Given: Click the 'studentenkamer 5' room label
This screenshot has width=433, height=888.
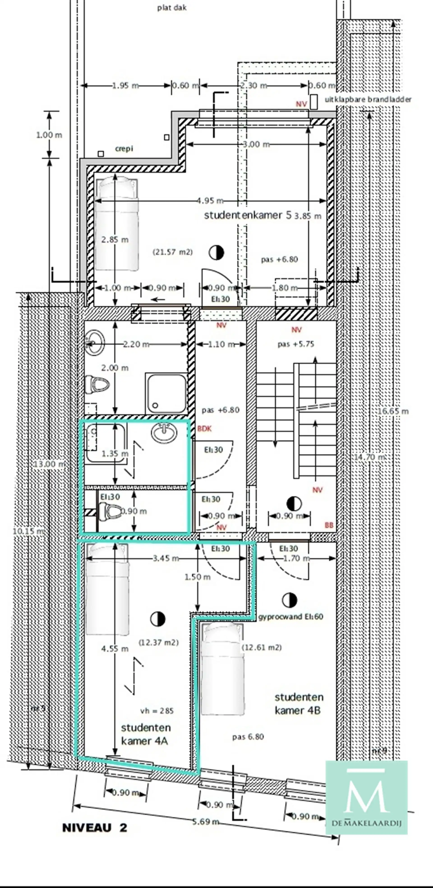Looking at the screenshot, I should [x=247, y=215].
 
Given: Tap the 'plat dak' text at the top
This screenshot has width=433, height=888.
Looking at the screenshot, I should [x=172, y=8].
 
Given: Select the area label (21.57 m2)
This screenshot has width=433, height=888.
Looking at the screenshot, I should [x=173, y=252].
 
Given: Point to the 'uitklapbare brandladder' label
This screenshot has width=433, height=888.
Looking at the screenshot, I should [x=368, y=100].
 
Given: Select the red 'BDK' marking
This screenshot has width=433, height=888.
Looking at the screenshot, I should [x=204, y=428].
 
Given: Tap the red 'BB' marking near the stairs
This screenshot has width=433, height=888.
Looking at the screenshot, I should [x=329, y=525].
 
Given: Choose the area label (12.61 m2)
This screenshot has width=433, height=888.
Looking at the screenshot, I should [x=262, y=647].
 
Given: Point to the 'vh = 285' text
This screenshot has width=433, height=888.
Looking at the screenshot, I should [x=157, y=711].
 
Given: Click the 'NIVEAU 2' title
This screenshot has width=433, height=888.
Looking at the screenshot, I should [x=94, y=828].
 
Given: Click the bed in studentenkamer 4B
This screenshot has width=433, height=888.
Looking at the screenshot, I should [x=223, y=669].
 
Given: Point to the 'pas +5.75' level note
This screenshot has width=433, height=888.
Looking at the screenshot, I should [x=296, y=344].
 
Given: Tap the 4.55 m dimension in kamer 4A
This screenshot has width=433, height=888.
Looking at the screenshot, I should [x=115, y=649].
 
